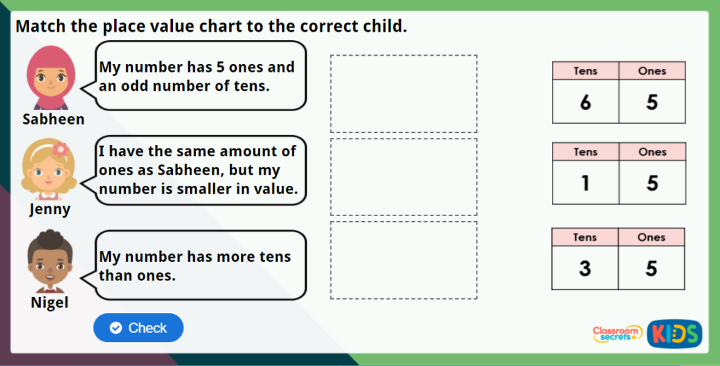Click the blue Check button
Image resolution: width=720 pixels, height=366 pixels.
coord(139,328)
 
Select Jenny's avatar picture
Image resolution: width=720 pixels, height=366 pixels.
coord(49,169)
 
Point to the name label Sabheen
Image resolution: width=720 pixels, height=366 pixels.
coord(53,119)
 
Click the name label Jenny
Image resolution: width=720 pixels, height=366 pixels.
coord(50,209)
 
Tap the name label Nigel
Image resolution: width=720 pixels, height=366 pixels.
coord(50,303)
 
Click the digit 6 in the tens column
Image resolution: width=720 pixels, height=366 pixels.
coord(585,102)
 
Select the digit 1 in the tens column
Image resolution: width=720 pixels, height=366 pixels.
coord(585,183)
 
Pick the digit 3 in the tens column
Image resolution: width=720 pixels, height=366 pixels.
coord(585,267)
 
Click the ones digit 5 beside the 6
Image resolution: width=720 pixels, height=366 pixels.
coord(652,102)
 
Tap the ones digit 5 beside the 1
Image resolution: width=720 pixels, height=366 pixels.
coord(652,183)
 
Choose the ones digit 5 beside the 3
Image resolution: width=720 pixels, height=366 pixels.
coord(652,267)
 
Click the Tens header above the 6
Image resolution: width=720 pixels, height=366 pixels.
coord(585,70)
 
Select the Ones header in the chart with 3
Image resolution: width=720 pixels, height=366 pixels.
coord(652,237)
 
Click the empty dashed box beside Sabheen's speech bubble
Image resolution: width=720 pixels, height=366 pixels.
coord(404,94)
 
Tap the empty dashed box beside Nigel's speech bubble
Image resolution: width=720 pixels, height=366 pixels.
coord(404,260)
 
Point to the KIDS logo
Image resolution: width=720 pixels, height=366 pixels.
coord(674,334)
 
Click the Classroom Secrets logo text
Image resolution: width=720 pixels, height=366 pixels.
coord(617,333)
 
